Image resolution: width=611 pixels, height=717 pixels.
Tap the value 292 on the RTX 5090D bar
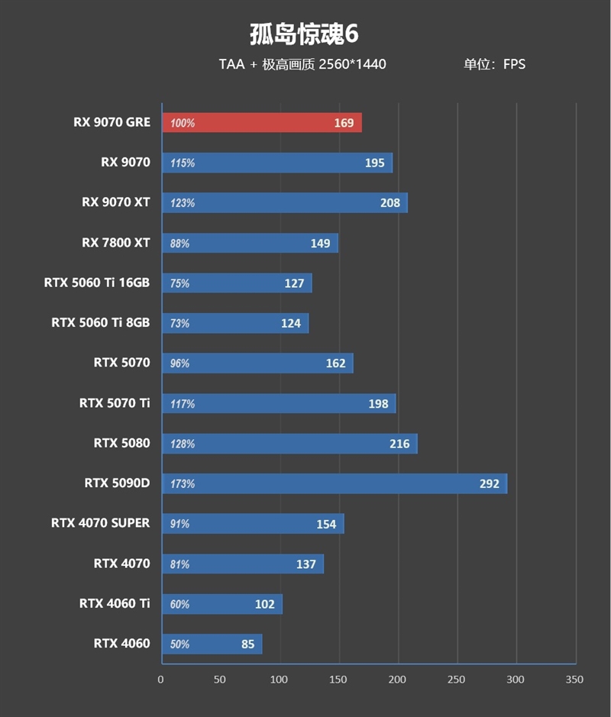489,483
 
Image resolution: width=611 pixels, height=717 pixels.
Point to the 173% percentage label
183,483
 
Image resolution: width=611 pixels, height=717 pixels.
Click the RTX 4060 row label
121,643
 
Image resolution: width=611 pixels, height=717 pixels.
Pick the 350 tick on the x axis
575,680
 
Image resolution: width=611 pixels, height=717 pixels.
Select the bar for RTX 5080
289,444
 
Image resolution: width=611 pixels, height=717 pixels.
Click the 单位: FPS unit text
494,64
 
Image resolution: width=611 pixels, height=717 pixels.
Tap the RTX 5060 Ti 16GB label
97,283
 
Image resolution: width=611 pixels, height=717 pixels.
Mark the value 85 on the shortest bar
247,644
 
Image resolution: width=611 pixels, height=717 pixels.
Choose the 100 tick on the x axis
280,680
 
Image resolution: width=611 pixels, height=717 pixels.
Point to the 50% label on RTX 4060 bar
179,644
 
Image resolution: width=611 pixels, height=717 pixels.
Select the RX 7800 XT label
116,243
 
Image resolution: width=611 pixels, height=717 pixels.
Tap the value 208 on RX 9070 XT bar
389,203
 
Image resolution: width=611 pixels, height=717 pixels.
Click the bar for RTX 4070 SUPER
253,524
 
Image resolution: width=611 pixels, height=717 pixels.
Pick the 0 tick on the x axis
161,680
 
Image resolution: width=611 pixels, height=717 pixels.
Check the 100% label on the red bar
183,123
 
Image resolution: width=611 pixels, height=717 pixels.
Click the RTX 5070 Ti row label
115,402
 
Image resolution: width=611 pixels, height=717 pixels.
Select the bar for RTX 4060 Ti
221,604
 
